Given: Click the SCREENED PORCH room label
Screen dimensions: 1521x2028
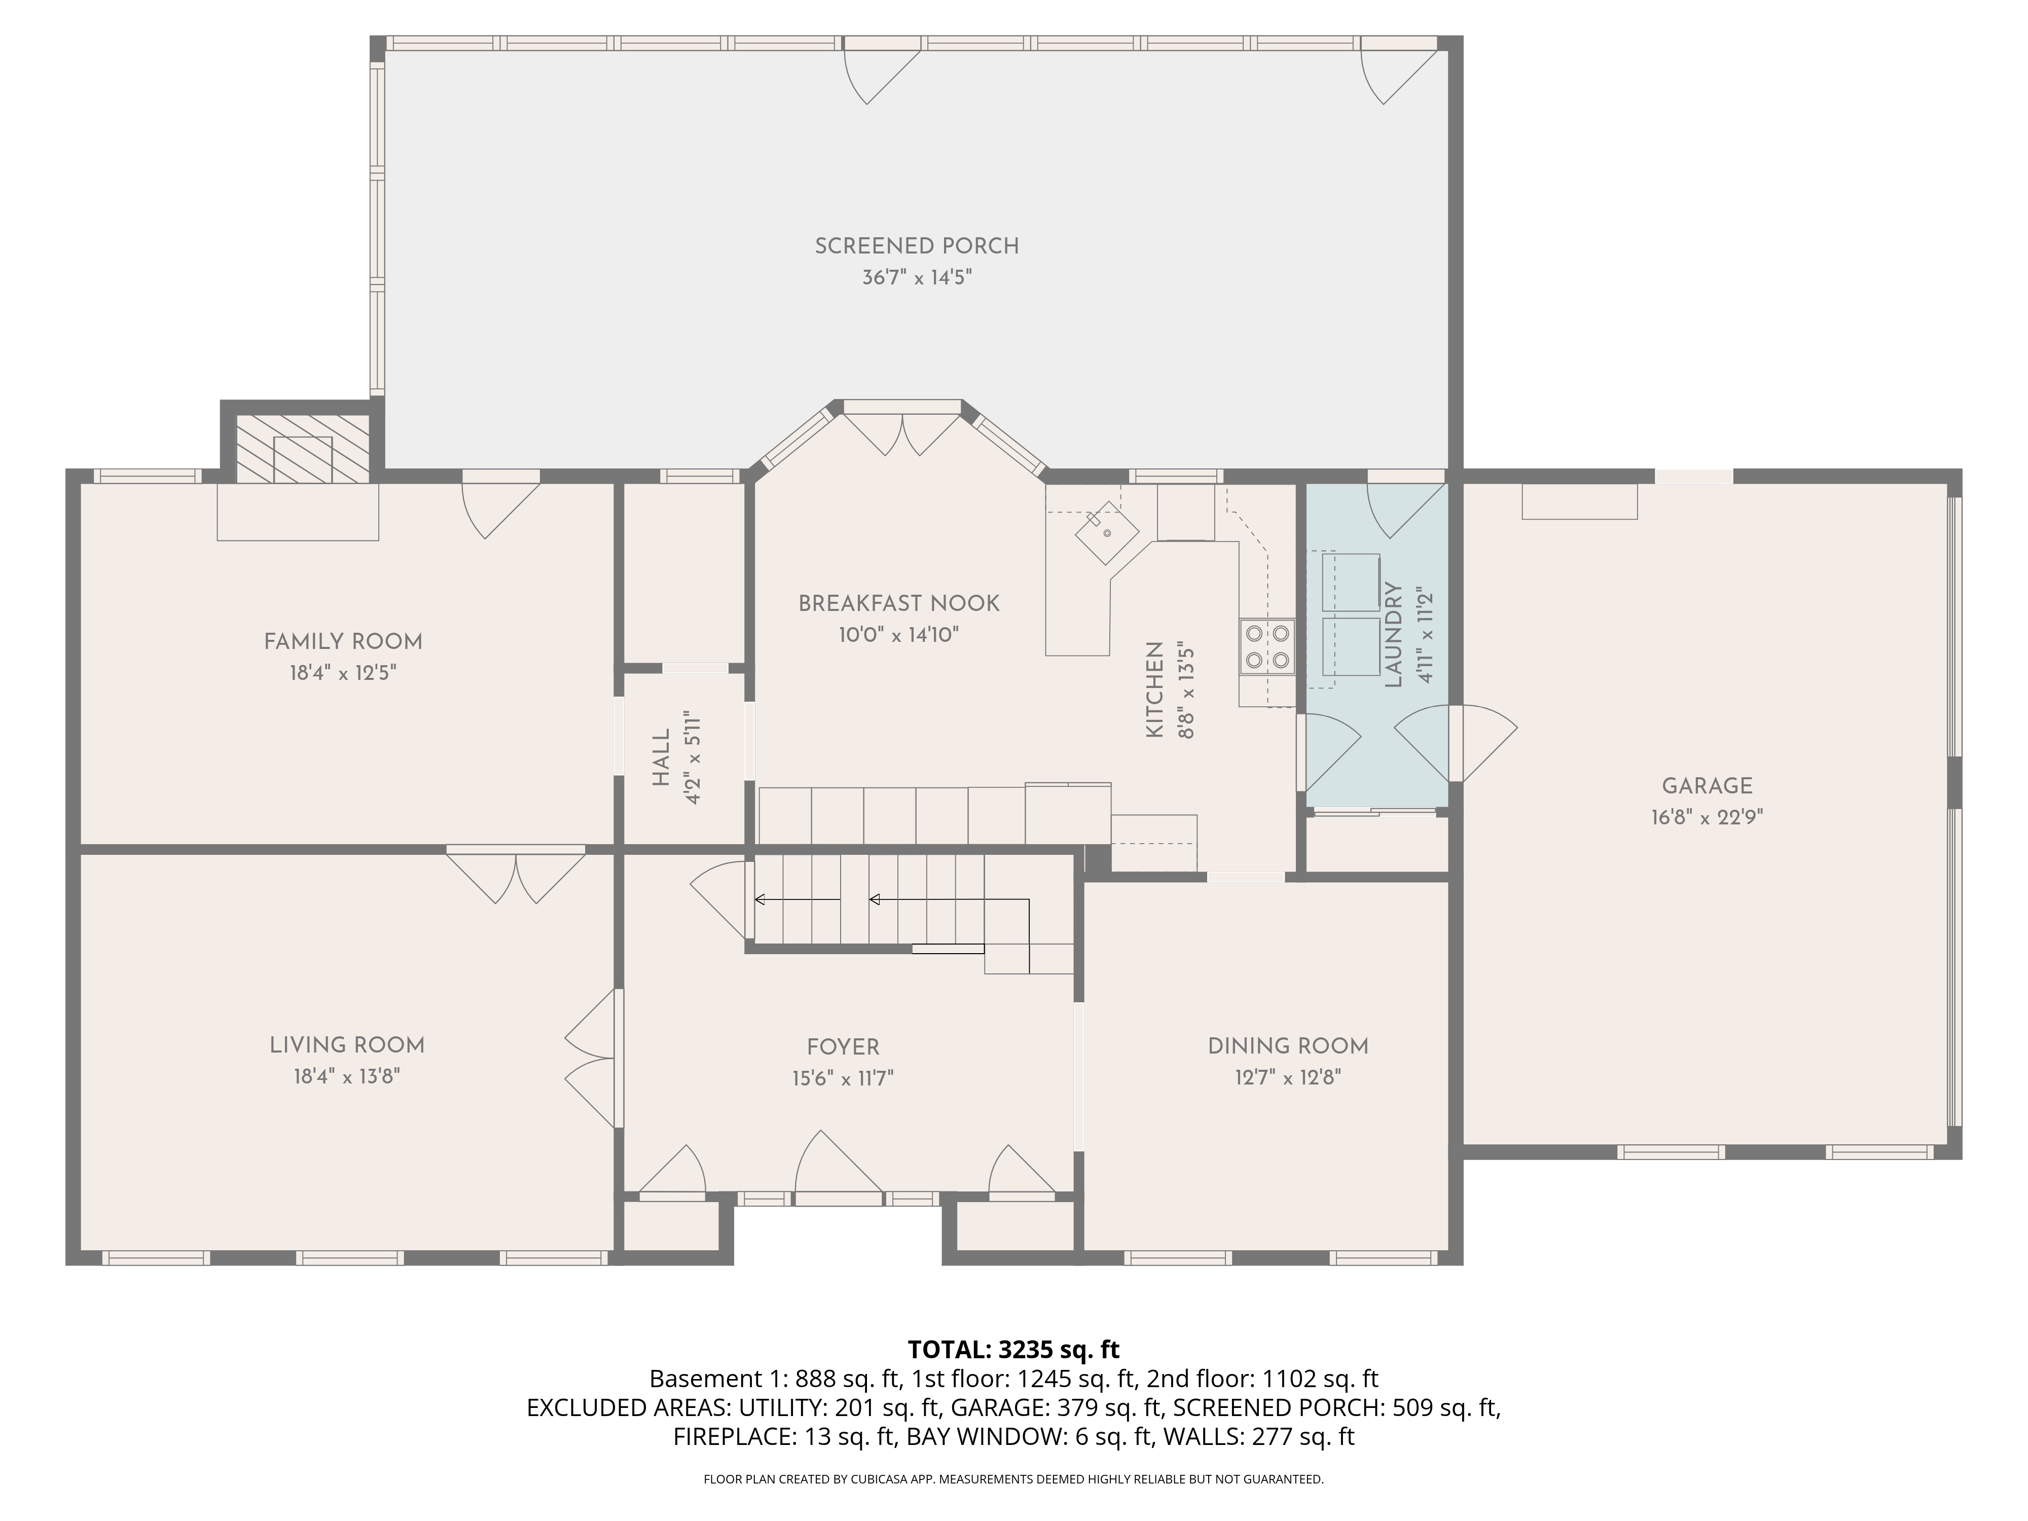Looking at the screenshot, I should tap(916, 246).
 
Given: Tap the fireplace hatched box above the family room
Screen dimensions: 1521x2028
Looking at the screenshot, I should tap(303, 448).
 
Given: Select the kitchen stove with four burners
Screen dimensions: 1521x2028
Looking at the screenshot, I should tap(1266, 646).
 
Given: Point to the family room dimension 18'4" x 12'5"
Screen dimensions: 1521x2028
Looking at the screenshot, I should tap(343, 673).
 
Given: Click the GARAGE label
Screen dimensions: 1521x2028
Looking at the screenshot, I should tap(1706, 786).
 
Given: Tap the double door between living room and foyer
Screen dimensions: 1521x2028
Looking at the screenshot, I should tap(591, 1059).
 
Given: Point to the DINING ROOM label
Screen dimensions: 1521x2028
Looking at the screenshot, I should tap(1287, 1046).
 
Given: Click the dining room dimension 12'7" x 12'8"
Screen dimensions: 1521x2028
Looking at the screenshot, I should tap(1287, 1077).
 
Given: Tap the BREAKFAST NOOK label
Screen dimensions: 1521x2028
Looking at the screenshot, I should tap(898, 603).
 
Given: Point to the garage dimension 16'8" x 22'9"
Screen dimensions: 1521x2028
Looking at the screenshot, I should tap(1706, 817).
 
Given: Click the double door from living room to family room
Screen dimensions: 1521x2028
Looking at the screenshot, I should tap(515, 878).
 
